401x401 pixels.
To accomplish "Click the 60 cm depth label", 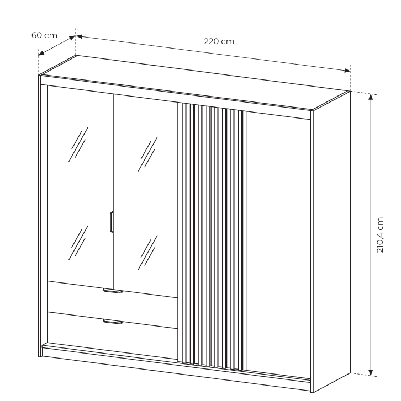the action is (x=44, y=35).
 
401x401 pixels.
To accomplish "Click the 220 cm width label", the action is (x=219, y=41).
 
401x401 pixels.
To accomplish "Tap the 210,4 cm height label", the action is (x=380, y=235).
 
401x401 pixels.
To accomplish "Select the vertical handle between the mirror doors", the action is (x=112, y=222).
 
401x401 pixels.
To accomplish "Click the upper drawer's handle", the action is (x=113, y=291).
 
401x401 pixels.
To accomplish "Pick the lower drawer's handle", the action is (x=113, y=322).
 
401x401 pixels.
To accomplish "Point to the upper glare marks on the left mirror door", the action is (x=78, y=144).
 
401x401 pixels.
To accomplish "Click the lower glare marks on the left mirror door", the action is (x=78, y=243).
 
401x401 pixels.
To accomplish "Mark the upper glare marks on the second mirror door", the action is (x=147, y=154).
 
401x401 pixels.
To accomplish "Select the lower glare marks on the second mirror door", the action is (x=147, y=252).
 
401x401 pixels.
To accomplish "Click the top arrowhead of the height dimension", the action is (x=371, y=97).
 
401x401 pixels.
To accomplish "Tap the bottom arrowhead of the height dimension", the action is (x=371, y=372).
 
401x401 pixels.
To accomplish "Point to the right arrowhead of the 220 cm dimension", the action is (x=347, y=71).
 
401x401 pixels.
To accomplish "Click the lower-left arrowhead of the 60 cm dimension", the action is (x=41, y=53).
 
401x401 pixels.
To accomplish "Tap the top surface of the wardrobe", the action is (x=194, y=82).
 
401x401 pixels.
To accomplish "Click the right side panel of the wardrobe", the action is (x=331, y=240).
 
